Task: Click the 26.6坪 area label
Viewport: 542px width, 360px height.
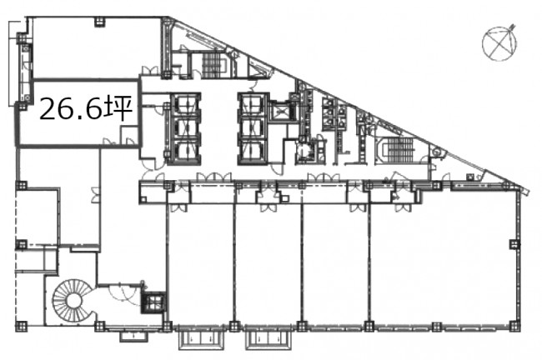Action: pos(86,107)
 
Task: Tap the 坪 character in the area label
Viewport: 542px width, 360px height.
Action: pos(120,107)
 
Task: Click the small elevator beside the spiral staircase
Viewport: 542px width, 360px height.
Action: pos(153,303)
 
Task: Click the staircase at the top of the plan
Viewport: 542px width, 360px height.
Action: pos(212,65)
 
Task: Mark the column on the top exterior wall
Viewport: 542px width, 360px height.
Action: pos(99,22)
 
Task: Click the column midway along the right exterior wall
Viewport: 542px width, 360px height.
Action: pos(514,244)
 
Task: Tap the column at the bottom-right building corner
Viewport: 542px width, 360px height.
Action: pos(514,326)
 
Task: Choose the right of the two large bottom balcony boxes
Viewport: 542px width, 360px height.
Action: pos(267,340)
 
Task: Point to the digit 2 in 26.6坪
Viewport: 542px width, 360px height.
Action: pos(48,110)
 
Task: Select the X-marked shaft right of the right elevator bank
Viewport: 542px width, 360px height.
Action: pos(280,112)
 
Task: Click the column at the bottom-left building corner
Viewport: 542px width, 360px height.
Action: pos(22,326)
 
